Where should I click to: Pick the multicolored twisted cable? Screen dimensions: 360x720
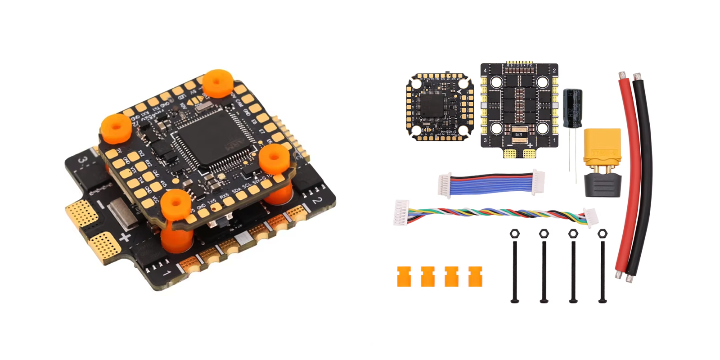pyautogui.click(x=495, y=213)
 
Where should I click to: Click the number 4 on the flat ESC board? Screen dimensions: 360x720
pyautogui.click(x=485, y=71)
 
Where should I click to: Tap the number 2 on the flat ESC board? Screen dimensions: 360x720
pyautogui.click(x=554, y=71)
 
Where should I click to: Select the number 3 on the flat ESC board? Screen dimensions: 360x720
pyautogui.click(x=485, y=140)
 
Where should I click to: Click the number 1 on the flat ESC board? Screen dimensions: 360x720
pyautogui.click(x=554, y=140)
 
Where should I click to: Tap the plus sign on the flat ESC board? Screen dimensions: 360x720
pyautogui.click(x=530, y=145)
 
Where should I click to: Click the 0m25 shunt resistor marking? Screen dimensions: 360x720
pyautogui.click(x=519, y=135)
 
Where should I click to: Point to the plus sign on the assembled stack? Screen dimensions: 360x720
pyautogui.click(x=125, y=237)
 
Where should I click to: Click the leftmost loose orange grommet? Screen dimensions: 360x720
pyautogui.click(x=404, y=276)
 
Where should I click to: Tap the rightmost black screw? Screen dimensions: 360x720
pyautogui.click(x=603, y=270)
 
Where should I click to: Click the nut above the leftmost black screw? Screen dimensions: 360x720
pyautogui.click(x=514, y=234)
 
